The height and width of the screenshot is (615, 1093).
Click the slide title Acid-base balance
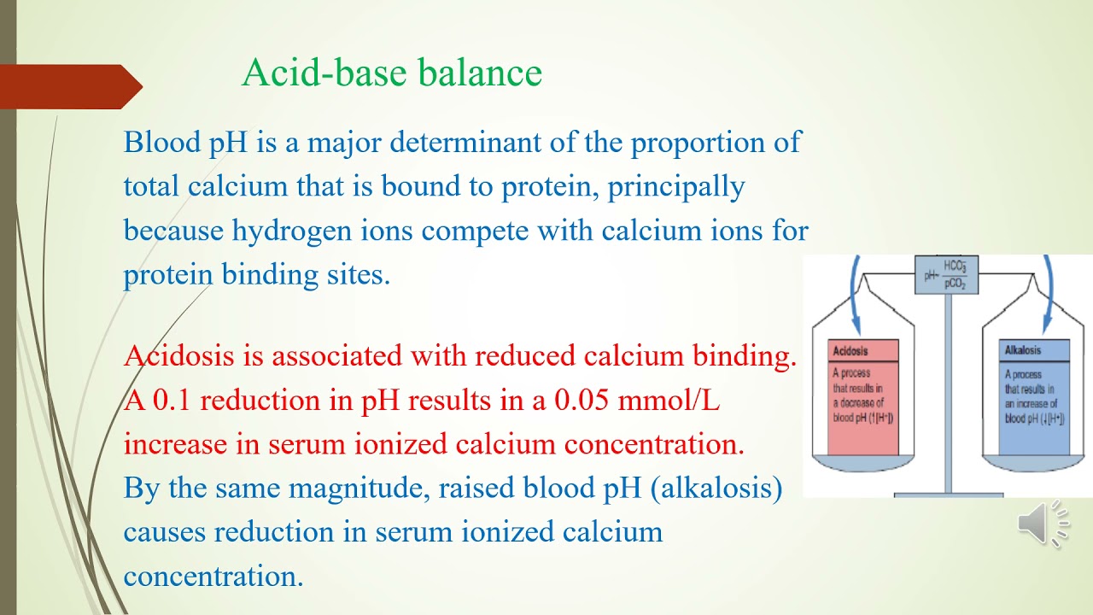click(392, 73)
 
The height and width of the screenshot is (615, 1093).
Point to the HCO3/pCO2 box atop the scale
click(947, 275)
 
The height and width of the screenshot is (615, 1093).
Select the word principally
click(676, 186)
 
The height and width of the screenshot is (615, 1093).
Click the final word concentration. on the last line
click(213, 577)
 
